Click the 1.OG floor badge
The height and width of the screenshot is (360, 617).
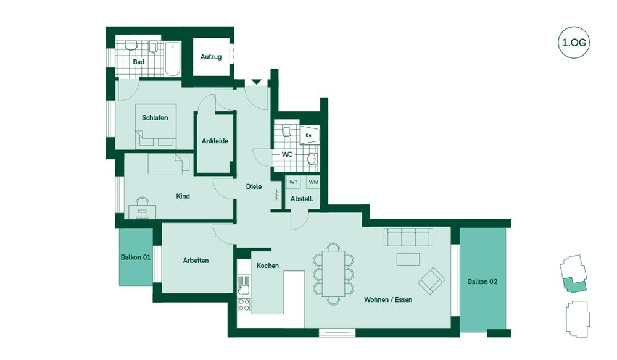coord(574,43)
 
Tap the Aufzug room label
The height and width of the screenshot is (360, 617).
coord(211,57)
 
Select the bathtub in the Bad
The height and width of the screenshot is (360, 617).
coord(173,59)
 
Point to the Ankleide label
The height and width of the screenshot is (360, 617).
coord(215,141)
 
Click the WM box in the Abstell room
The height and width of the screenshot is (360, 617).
coord(313,182)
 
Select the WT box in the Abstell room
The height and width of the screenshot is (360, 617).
coord(294,182)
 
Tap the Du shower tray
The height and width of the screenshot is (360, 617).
coord(310,135)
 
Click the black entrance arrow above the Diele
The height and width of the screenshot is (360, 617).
coord(257,82)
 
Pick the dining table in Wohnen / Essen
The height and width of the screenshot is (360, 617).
coord(333,274)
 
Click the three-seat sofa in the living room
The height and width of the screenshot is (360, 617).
coord(408,237)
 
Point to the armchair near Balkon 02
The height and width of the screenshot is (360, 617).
coord(432,281)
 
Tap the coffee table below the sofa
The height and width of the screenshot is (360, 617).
coord(408,259)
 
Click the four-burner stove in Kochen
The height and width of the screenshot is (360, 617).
coord(244,304)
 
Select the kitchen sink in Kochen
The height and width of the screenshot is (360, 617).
coord(244,285)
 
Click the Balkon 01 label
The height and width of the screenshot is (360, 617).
coord(136,257)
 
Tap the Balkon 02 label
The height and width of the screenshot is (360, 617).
coord(482,282)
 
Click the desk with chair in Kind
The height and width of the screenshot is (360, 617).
coord(142,208)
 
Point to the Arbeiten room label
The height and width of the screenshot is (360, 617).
coord(196,261)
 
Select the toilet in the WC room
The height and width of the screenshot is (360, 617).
coord(287,130)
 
